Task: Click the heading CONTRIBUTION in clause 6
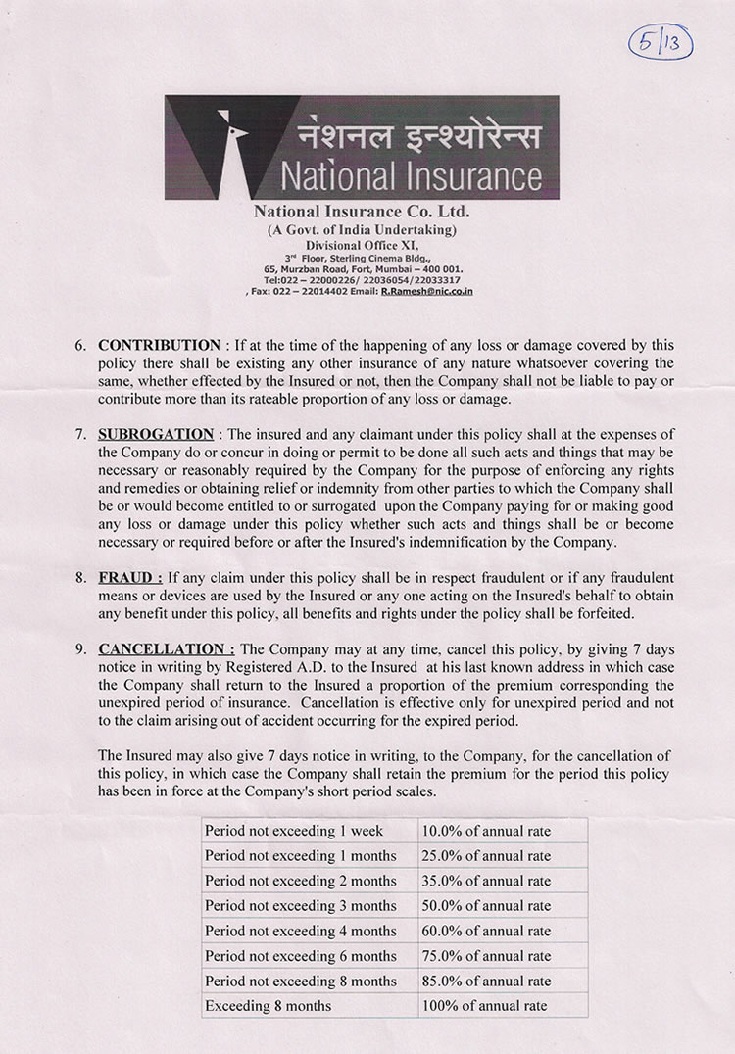(x=160, y=346)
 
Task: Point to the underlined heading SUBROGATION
(x=156, y=434)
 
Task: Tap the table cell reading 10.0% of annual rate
(x=486, y=831)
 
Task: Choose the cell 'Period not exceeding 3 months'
(x=301, y=905)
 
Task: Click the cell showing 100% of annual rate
(x=484, y=1005)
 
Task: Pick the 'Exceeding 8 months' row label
(x=268, y=1005)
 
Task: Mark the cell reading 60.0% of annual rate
(x=486, y=931)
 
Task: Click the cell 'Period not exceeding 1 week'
(x=294, y=831)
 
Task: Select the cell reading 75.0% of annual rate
(x=486, y=955)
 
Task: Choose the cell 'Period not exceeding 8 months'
(x=301, y=981)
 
